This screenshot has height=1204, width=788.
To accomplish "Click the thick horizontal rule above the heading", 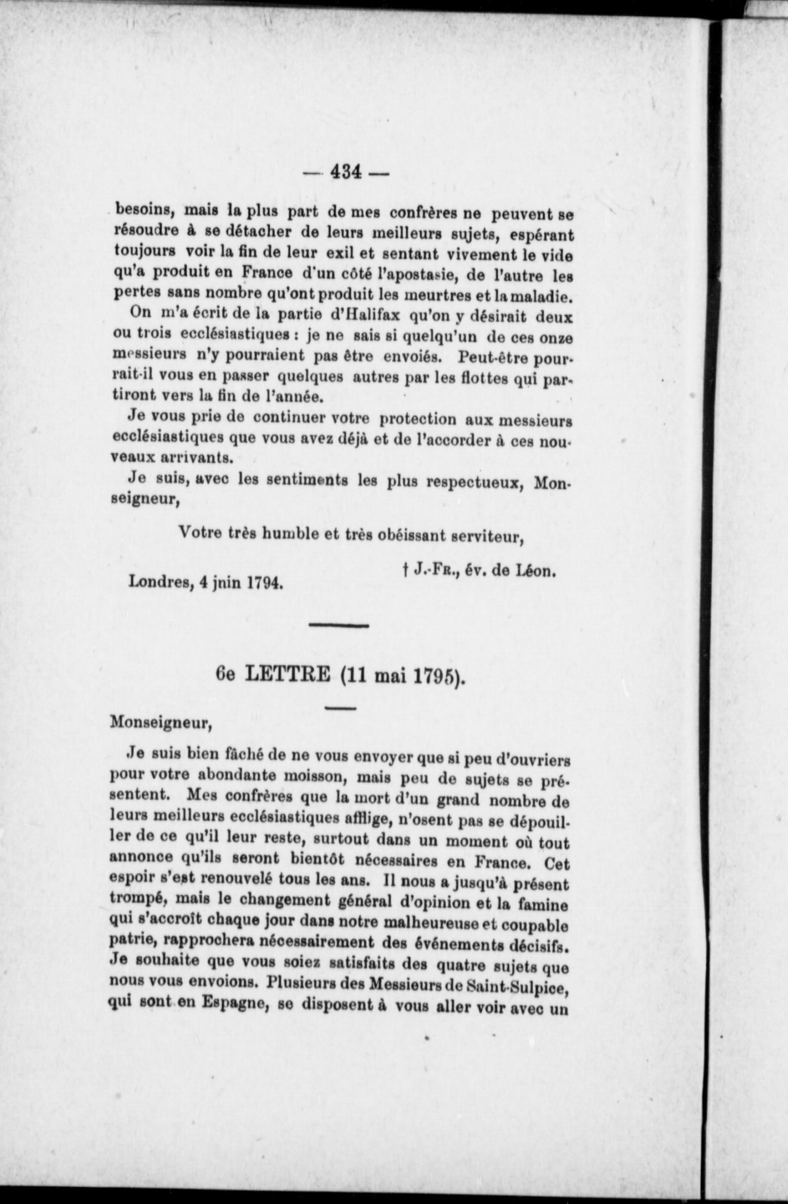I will pyautogui.click(x=338, y=625).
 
